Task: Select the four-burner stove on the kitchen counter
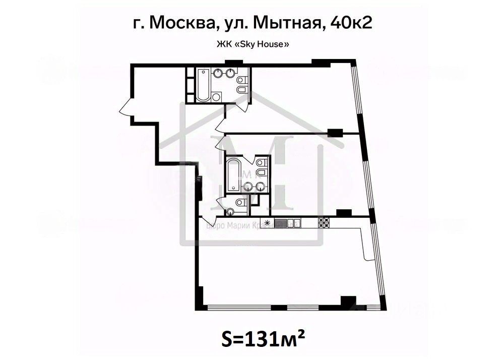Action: coord(324,222)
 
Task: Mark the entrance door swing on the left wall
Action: coord(126,106)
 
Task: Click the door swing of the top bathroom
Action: coord(243,104)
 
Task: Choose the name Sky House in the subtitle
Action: coord(264,44)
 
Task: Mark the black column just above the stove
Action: coord(343,213)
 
